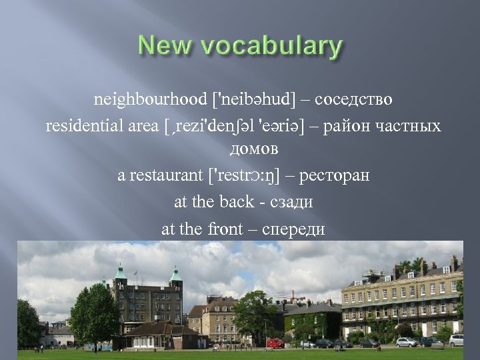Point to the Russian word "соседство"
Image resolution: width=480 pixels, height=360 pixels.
(x=354, y=100)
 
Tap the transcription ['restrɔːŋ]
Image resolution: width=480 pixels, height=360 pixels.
(x=249, y=177)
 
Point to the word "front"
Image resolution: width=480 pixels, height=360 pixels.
(x=225, y=228)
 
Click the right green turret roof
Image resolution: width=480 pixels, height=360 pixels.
(x=176, y=272)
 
